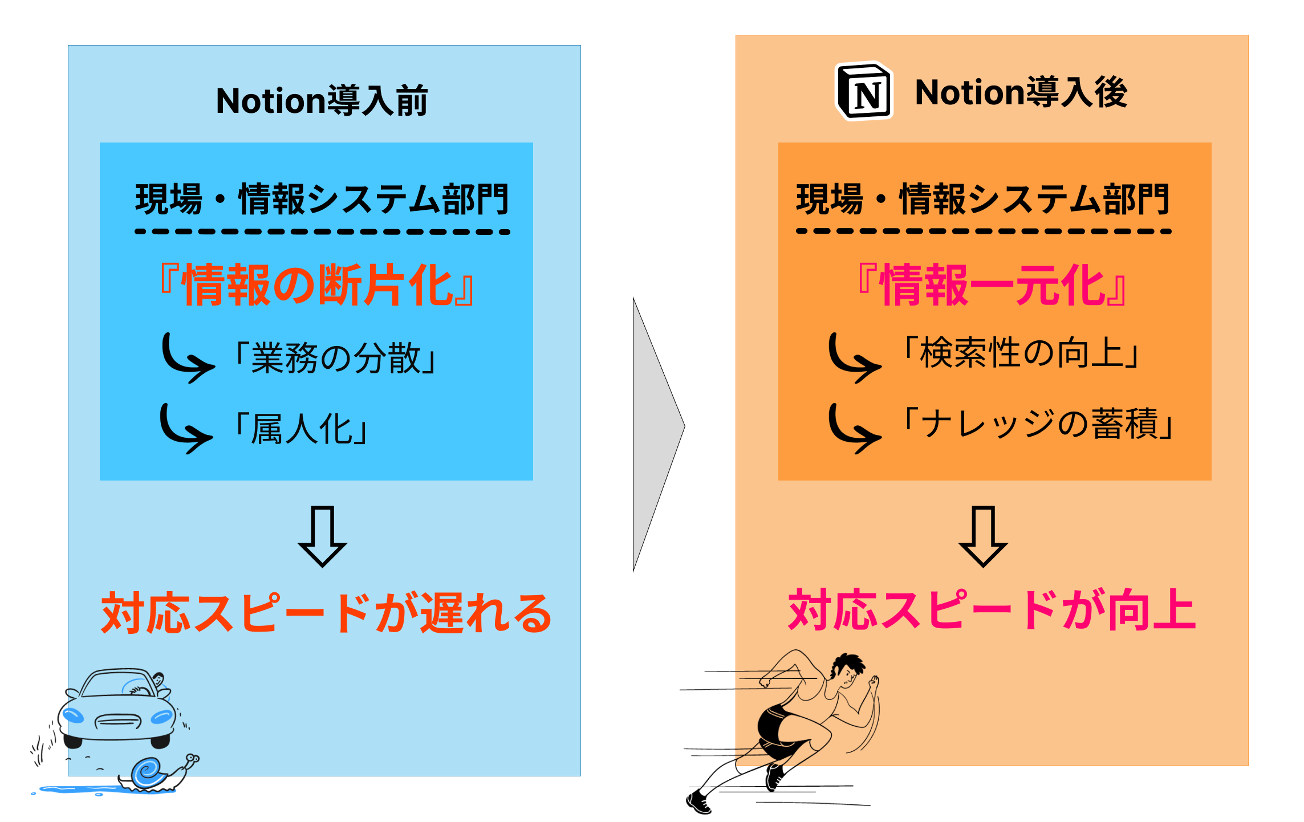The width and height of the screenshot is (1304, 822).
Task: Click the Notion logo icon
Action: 864,91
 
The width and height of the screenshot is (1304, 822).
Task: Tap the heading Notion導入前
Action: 322,101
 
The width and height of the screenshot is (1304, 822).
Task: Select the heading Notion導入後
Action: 1021,92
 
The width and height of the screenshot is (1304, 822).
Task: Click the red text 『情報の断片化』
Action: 316,285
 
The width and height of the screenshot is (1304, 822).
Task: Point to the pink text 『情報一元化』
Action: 992,285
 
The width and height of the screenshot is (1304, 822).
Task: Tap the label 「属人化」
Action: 302,429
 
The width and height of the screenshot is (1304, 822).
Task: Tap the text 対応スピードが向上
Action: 992,611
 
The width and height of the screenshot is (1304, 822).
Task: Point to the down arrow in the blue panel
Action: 322,536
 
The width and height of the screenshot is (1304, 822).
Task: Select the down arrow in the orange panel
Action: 983,536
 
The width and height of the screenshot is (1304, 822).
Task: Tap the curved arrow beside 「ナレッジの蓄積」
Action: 853,429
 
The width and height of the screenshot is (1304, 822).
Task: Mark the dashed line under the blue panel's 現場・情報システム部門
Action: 322,232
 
